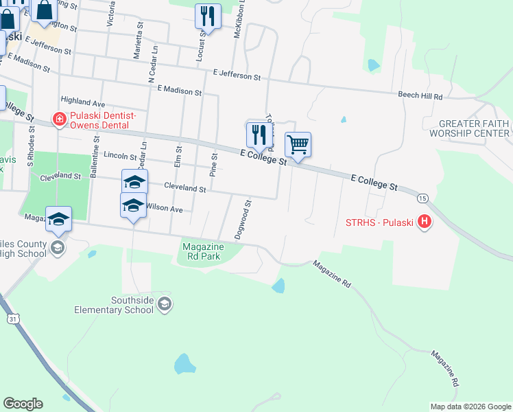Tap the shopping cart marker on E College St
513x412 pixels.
[x=298, y=145]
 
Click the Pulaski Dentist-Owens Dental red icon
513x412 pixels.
[x=59, y=119]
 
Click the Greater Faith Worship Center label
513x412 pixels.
[x=474, y=128]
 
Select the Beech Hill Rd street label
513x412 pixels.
[x=420, y=95]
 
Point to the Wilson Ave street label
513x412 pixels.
[x=164, y=207]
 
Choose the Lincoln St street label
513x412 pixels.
[x=121, y=155]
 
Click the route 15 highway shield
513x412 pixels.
[x=422, y=197]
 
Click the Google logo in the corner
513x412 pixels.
[x=23, y=404]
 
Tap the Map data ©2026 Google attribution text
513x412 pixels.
[x=470, y=407]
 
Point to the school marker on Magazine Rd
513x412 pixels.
[x=59, y=218]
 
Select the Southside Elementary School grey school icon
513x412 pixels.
[x=164, y=303]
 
